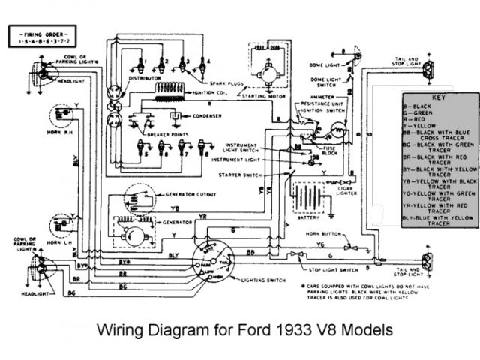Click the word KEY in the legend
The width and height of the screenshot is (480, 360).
[x=439, y=98]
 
